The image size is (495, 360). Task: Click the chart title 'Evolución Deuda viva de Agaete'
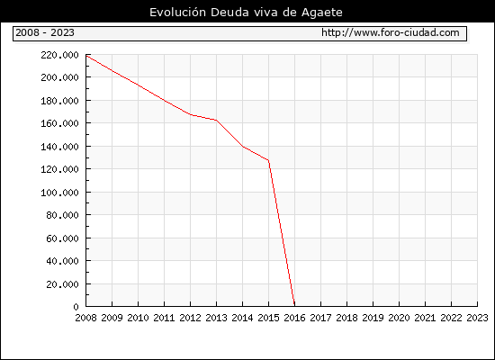click(246, 13)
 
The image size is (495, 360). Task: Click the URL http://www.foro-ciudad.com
click(391, 32)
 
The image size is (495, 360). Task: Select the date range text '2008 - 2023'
click(45, 32)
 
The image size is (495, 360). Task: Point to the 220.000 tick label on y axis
click(59, 55)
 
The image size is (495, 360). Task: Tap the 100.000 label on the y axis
click(59, 193)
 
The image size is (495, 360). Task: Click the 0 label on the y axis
click(76, 307)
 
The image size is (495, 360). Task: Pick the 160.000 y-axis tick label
click(59, 123)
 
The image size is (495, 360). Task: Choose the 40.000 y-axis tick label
click(62, 261)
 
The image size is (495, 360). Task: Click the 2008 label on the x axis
click(85, 318)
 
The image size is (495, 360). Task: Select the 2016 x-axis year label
click(294, 318)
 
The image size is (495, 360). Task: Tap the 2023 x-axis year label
click(477, 318)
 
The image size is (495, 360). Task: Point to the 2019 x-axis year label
click(373, 318)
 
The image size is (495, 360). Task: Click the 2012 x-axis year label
click(191, 318)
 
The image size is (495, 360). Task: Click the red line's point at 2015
click(269, 160)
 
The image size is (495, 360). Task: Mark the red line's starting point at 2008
click(86, 56)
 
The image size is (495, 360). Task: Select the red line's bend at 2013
click(217, 120)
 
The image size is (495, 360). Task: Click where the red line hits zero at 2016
click(294, 306)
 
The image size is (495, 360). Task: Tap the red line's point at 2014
click(242, 146)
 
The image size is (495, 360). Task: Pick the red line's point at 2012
click(191, 114)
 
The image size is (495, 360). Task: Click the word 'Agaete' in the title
click(322, 13)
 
